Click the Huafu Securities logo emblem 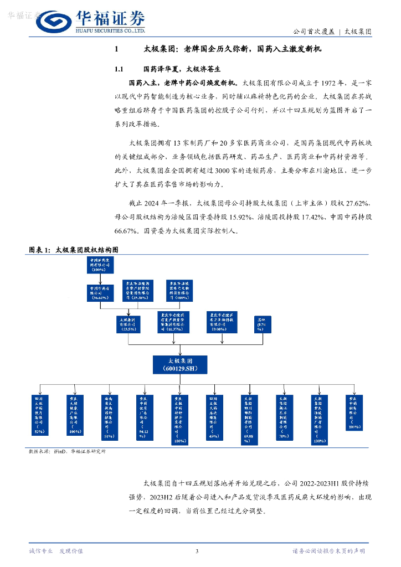[52, 22]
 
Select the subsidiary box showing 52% [40, 413]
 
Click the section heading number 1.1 [118, 69]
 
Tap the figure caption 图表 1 [40, 249]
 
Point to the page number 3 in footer [197, 550]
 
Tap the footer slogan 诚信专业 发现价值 [56, 550]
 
